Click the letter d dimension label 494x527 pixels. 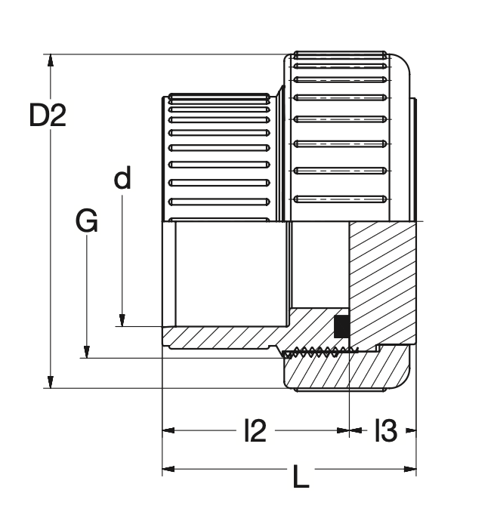[x=122, y=179]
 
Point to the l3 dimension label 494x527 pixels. [x=384, y=432]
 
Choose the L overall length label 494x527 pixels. [x=301, y=477]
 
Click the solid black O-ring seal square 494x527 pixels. [x=341, y=325]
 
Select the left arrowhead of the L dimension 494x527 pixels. [x=168, y=470]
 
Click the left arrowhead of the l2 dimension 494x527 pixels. [x=168, y=431]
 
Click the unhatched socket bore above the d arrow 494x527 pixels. [x=227, y=272]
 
